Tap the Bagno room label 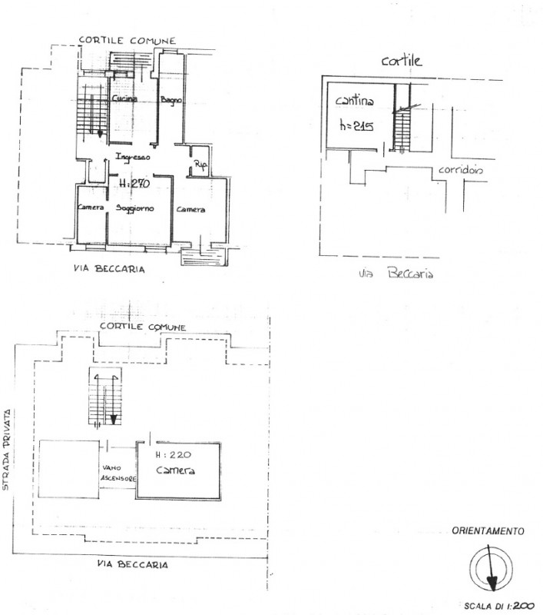tap(170, 101)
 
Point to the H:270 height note tap(134, 184)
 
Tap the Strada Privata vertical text tap(6, 437)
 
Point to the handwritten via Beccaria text tap(395, 273)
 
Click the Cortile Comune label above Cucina tap(127, 40)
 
